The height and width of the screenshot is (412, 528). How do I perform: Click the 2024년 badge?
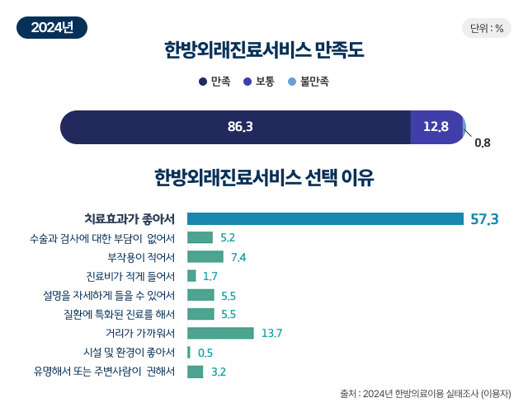tap(52, 27)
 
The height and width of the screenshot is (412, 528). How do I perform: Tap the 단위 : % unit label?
tap(486, 28)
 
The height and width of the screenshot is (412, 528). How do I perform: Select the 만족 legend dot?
tap(203, 82)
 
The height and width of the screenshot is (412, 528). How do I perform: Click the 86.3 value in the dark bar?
tap(239, 127)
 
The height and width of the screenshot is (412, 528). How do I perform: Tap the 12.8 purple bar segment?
tap(436, 127)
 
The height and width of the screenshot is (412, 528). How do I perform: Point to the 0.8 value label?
tap(483, 143)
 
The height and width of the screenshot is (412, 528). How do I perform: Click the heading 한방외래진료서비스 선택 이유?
tap(264, 177)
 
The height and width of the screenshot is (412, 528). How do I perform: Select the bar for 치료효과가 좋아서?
tap(325, 218)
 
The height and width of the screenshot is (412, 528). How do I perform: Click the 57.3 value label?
tap(484, 219)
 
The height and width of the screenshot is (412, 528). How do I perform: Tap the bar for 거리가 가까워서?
tap(220, 333)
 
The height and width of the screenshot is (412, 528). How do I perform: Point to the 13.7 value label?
tap(271, 334)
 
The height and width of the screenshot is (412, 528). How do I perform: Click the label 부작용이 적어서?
tap(140, 256)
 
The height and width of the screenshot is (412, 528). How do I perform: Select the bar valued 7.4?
tap(205, 256)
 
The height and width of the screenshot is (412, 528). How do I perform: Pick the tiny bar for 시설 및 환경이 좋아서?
tap(189, 353)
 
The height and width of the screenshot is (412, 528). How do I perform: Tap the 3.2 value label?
tap(219, 372)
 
